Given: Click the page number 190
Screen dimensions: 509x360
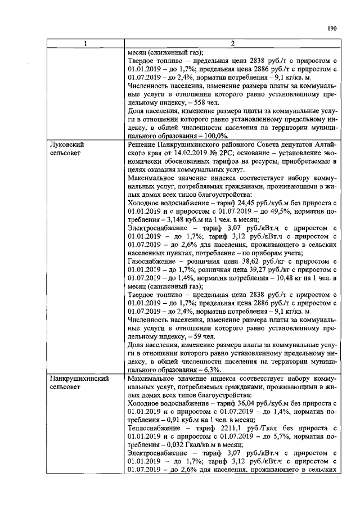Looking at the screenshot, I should click(x=332, y=28).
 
